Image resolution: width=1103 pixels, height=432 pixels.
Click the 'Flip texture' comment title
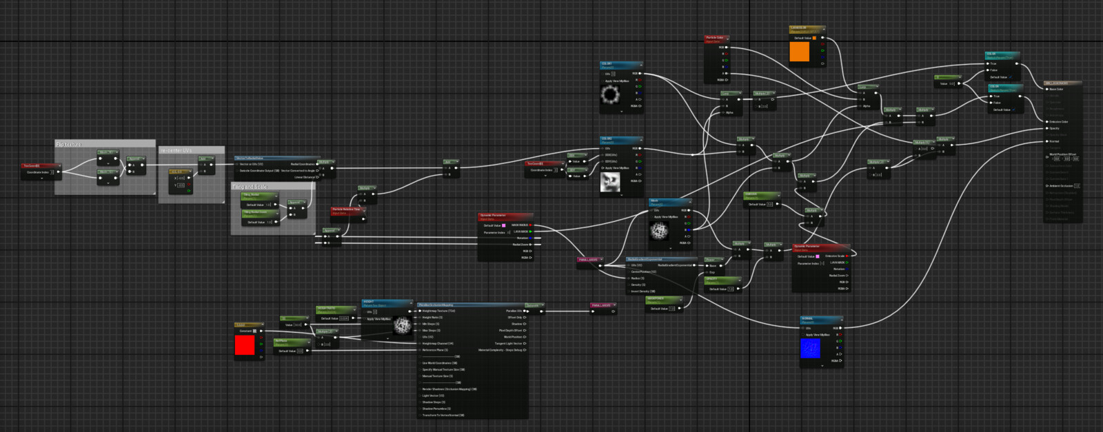(69, 144)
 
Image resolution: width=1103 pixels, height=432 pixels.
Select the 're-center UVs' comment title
(176, 150)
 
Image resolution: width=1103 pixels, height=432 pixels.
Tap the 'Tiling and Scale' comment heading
(250, 187)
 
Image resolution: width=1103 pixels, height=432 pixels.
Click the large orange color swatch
(799, 52)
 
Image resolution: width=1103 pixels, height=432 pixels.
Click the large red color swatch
(245, 345)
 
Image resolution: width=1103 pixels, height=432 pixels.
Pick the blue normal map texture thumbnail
(810, 349)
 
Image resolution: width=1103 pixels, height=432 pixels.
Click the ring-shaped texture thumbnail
(610, 94)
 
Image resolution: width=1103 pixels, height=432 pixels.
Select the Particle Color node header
(715, 38)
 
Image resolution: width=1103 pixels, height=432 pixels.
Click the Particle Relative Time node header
(346, 209)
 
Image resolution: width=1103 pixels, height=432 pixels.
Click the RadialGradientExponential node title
(645, 259)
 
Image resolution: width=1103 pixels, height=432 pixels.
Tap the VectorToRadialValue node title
(250, 158)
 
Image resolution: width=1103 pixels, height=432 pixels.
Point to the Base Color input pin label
(1056, 89)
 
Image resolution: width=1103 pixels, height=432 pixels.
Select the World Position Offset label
(1062, 154)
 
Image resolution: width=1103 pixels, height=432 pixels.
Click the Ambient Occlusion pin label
(1061, 186)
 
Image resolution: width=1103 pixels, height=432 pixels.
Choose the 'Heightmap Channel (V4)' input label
(438, 343)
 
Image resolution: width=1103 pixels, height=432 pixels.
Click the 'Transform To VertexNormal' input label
(443, 415)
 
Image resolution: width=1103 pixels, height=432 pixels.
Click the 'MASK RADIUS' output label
(519, 225)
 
